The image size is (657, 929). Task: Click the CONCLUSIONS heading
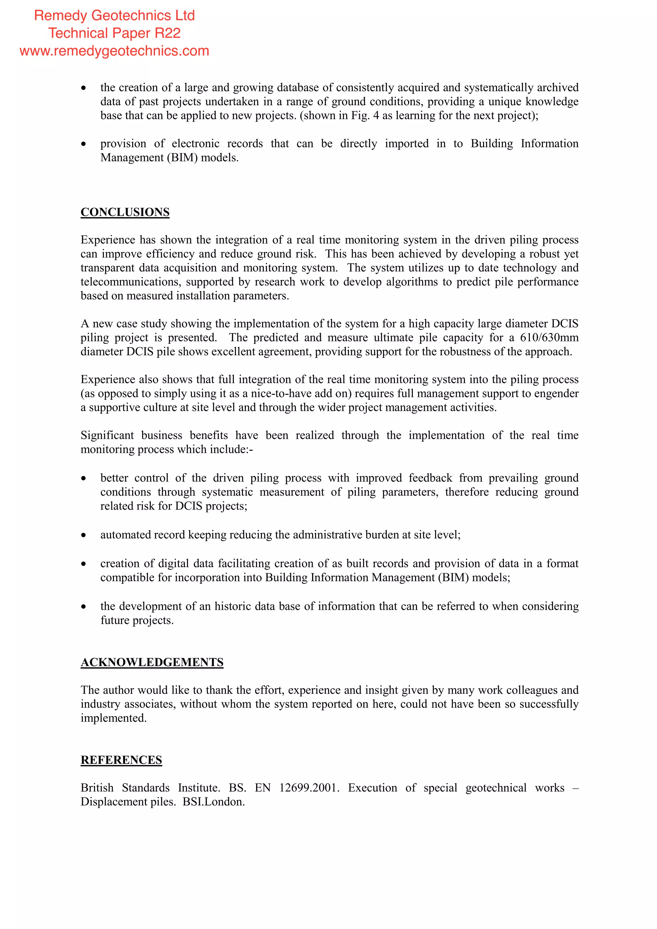point(125,212)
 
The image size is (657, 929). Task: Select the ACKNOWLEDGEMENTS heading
point(152,662)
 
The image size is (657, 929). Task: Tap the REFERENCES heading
point(121,760)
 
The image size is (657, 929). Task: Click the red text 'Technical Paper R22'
point(115,33)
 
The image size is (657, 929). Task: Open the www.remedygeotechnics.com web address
point(115,51)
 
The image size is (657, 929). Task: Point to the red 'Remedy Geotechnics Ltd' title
point(115,15)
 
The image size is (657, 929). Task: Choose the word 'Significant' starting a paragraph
point(107,435)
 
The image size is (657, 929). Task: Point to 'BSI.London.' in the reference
point(214,802)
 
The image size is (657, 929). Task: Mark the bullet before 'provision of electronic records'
point(84,144)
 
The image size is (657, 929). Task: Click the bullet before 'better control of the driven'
point(84,479)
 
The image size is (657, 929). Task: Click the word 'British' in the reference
point(97,788)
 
